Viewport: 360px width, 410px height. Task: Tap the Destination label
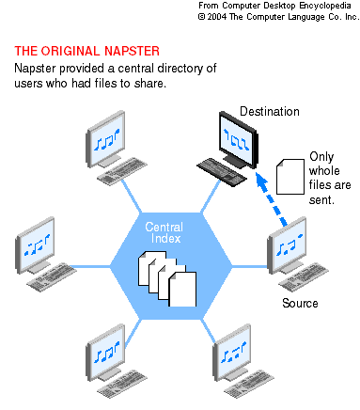point(269,111)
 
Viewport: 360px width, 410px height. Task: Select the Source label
point(300,303)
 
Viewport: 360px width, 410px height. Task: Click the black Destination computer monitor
point(238,139)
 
